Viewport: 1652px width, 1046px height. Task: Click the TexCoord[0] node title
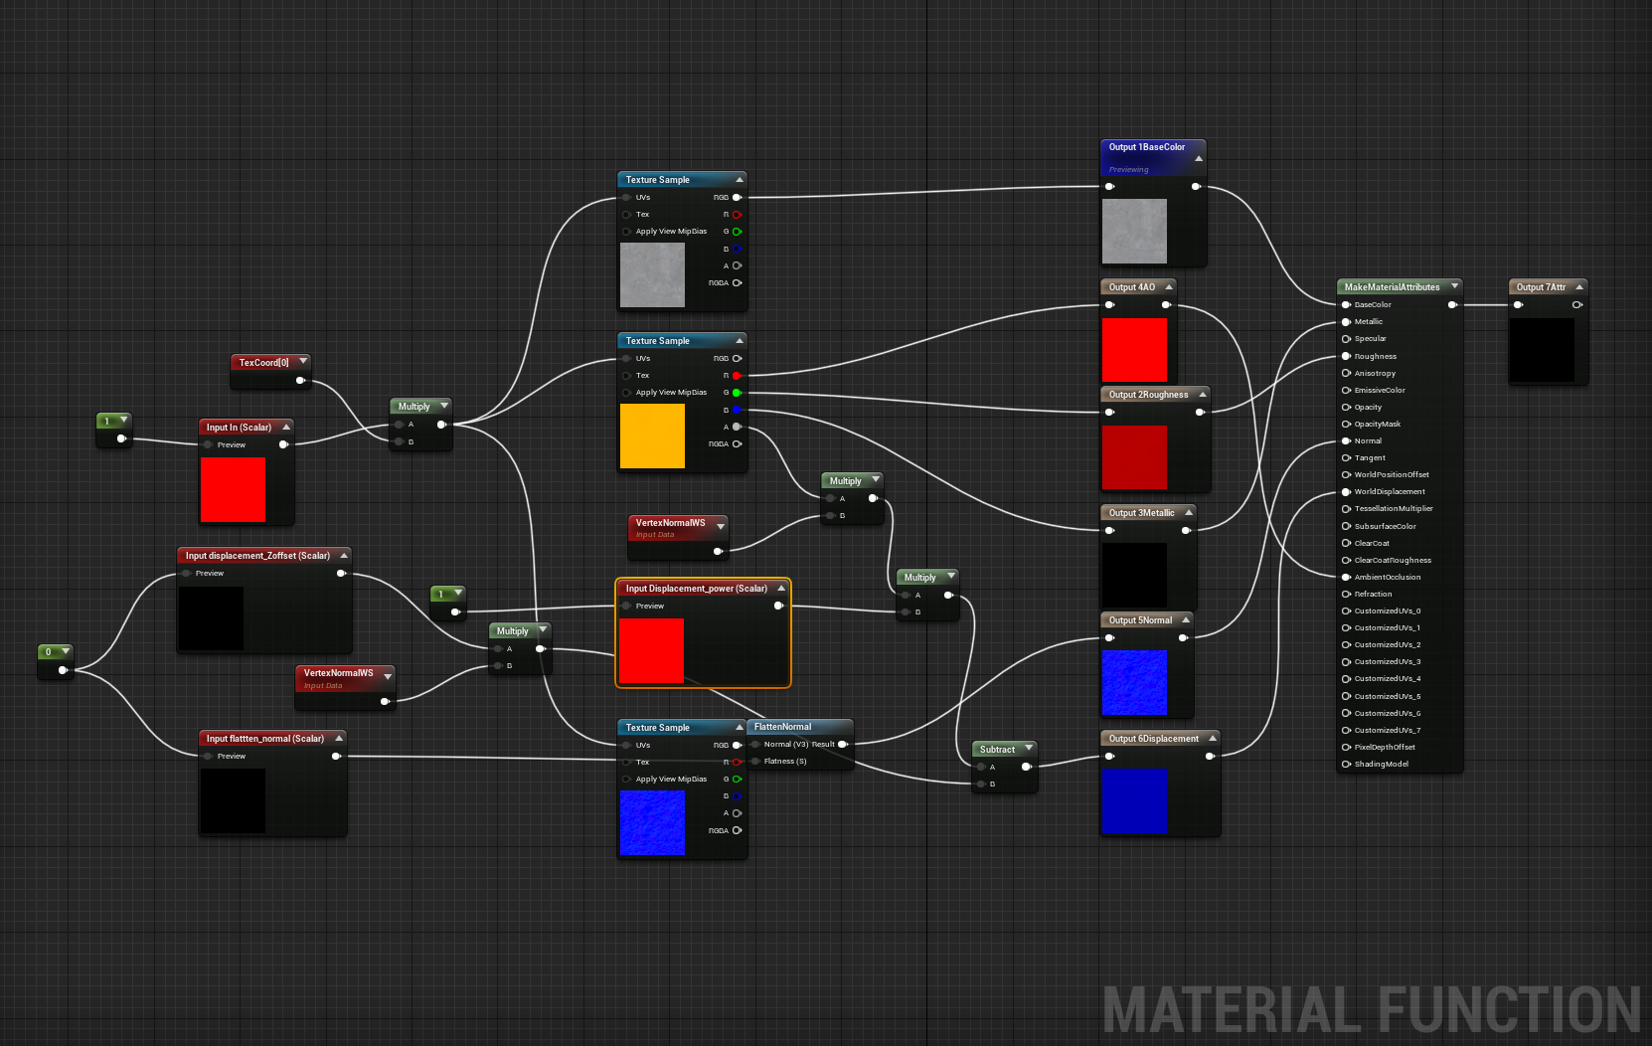pos(263,363)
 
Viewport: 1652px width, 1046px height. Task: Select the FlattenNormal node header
pos(782,727)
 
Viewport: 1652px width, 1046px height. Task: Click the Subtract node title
pos(997,750)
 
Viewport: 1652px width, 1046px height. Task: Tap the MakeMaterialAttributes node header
pos(1392,287)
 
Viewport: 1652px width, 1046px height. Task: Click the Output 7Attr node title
pos(1541,287)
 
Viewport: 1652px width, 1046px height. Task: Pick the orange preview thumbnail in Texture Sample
pos(652,436)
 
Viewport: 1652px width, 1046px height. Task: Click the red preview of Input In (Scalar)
pos(233,489)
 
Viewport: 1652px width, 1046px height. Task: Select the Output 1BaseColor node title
pos(1147,147)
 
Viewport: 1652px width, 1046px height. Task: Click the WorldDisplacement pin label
pos(1390,492)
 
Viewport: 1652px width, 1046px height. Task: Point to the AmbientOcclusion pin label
pos(1388,578)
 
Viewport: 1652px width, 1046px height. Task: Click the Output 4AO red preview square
pos(1134,349)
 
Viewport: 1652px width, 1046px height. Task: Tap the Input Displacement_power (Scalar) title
pos(696,589)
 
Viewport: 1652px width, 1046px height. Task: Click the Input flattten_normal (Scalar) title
pos(264,739)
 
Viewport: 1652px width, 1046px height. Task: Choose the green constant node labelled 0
pos(49,652)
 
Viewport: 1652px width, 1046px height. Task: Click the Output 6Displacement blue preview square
pos(1134,800)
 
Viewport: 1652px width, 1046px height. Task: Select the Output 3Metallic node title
pos(1141,513)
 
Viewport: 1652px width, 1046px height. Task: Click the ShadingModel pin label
pos(1382,765)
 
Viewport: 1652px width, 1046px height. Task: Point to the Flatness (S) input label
pos(785,762)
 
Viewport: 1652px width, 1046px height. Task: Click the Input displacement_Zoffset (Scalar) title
pos(257,556)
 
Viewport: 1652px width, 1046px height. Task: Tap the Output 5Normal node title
pos(1140,620)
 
